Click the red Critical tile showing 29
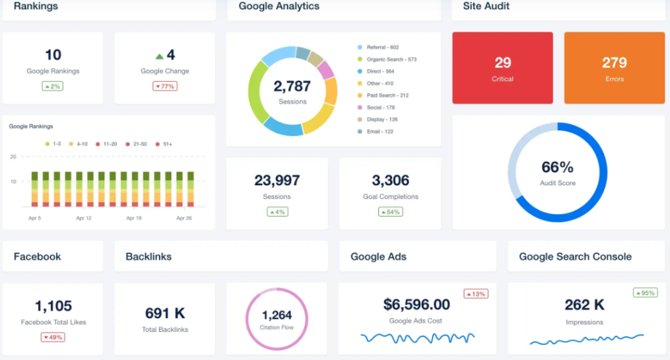(x=502, y=67)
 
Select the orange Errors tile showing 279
(x=614, y=67)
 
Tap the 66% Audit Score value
(x=557, y=168)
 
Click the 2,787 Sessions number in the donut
(x=292, y=86)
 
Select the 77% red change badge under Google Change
(x=165, y=86)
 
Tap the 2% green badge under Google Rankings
(x=52, y=86)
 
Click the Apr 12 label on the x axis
(x=84, y=218)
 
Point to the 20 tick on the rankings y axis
(x=13, y=157)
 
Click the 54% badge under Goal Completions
(x=391, y=212)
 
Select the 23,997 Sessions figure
(x=277, y=181)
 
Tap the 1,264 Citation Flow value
(x=276, y=315)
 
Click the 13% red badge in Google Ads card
(x=476, y=294)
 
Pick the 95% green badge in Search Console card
(x=645, y=293)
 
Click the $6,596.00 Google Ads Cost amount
(x=416, y=304)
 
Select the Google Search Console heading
(x=575, y=257)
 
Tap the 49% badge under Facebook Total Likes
(x=52, y=337)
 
